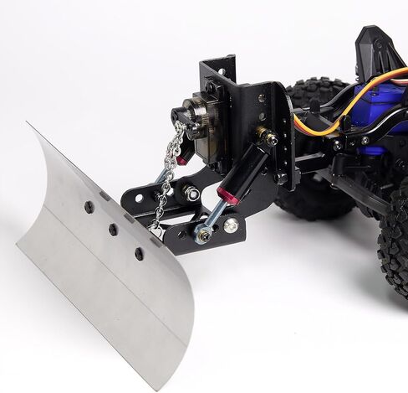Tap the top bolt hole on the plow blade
[89, 206]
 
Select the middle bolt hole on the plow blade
[113, 228]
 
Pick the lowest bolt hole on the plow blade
[139, 251]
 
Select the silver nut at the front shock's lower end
[202, 234]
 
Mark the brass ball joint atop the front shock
[265, 134]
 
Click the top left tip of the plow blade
[27, 125]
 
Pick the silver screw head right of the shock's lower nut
[230, 225]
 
